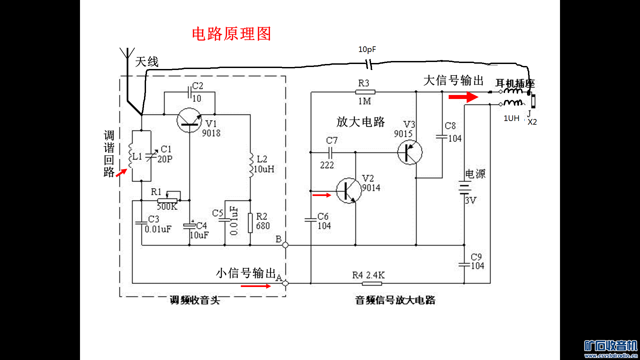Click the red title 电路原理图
click(231, 34)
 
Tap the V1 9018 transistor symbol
click(189, 120)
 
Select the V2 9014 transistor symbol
click(348, 191)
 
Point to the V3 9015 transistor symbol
click(410, 152)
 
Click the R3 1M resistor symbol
click(365, 92)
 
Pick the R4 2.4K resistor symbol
click(372, 283)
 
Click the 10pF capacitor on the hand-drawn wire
click(368, 64)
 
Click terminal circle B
click(285, 245)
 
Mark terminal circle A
click(285, 283)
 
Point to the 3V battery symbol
click(464, 187)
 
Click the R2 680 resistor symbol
click(250, 223)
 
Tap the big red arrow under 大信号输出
click(463, 97)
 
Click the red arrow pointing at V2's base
click(322, 195)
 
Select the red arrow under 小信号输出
click(256, 286)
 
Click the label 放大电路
click(360, 122)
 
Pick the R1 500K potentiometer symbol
click(167, 200)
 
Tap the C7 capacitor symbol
click(330, 153)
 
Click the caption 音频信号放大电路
click(395, 300)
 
